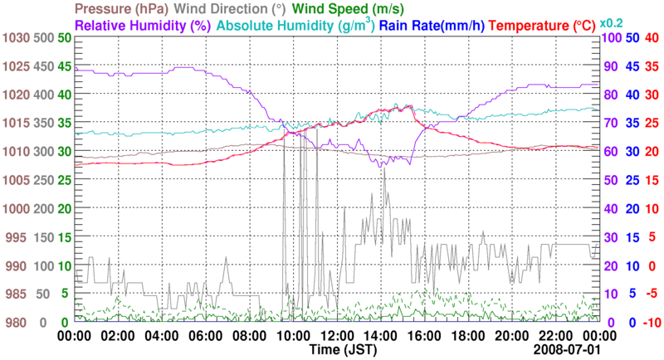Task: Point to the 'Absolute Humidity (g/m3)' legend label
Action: coord(295,25)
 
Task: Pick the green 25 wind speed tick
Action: coord(62,180)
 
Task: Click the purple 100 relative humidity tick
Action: coord(612,38)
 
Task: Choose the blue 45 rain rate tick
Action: coord(632,66)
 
